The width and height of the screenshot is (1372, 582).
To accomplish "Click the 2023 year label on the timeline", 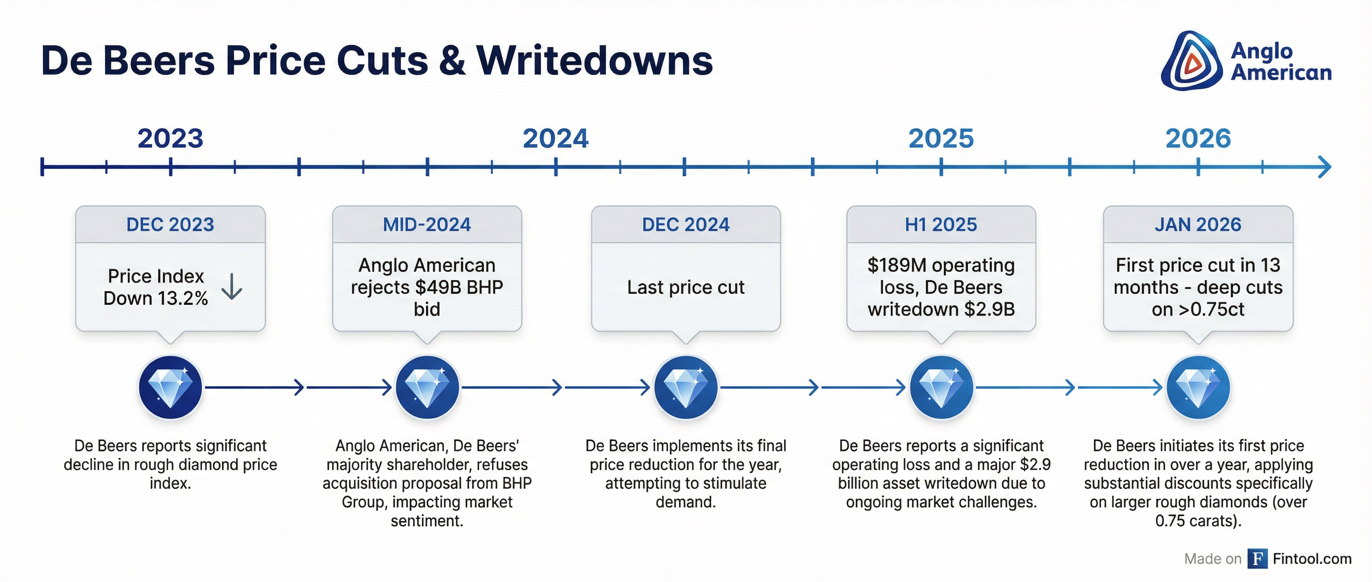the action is (171, 139).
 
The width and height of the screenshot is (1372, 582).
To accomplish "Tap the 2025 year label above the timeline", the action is (941, 139).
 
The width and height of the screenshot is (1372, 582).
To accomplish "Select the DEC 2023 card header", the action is (171, 225).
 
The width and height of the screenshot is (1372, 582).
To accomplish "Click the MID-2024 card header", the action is (427, 225).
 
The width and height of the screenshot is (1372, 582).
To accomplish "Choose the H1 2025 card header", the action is (941, 225).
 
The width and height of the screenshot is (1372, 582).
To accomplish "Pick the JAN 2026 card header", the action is (1198, 225).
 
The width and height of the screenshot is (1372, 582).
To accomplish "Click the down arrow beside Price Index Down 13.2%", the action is (232, 287).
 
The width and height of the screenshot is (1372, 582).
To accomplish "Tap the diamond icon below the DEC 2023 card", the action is (171, 387).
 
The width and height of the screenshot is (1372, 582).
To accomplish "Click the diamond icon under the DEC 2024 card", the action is (686, 387).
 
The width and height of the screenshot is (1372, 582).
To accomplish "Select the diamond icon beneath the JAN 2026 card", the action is (1198, 387).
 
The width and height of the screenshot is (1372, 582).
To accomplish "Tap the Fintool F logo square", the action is (1258, 559).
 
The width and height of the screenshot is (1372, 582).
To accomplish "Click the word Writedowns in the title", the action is (594, 61).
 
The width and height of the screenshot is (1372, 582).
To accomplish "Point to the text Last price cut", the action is (686, 287).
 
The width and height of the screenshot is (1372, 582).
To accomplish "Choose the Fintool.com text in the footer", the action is (1312, 559).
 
